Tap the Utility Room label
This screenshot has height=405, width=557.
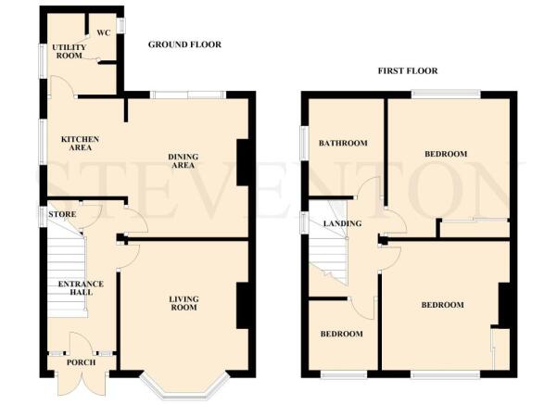[x=69, y=51]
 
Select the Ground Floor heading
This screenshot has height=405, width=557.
[x=184, y=44]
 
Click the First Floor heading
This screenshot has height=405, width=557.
[x=407, y=70]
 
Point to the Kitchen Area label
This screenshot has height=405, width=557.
[x=80, y=143]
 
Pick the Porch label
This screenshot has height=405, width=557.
[x=81, y=362]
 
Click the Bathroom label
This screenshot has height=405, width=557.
[x=343, y=144]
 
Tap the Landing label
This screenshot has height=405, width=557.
[x=341, y=223]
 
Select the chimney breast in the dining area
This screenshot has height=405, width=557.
[x=243, y=162]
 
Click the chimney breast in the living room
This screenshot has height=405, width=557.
[x=243, y=306]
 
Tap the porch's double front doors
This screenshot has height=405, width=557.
[x=82, y=383]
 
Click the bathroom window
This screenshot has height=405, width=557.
[x=303, y=144]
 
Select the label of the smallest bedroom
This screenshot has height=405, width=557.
[x=342, y=334]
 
